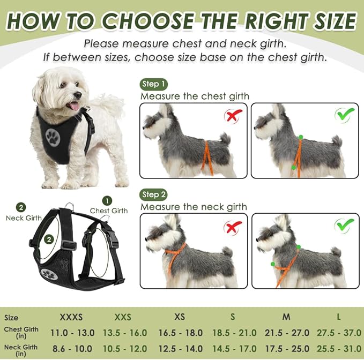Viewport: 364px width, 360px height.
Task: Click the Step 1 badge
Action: pyautogui.click(x=154, y=84)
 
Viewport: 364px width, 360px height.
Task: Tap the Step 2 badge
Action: pyautogui.click(x=154, y=194)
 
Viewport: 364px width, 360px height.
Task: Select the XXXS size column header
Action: pyautogui.click(x=71, y=317)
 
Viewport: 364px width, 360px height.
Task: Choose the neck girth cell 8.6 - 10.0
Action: pyautogui.click(x=71, y=348)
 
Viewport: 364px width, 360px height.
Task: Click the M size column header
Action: pyautogui.click(x=286, y=317)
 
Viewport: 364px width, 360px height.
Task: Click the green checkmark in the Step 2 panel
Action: pyautogui.click(x=344, y=226)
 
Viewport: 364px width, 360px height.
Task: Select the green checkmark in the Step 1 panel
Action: pyautogui.click(x=344, y=114)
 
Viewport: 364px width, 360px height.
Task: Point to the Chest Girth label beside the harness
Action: pyautogui.click(x=109, y=211)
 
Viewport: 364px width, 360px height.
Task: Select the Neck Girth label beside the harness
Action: pyautogui.click(x=24, y=218)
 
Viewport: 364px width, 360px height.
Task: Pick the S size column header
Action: pyautogui.click(x=233, y=317)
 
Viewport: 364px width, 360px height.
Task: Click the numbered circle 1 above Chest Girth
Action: pyautogui.click(x=108, y=201)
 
